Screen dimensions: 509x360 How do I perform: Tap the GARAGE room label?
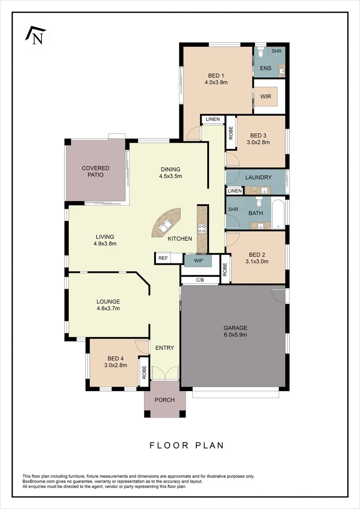[235, 328]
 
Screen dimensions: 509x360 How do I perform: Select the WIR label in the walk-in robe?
[266, 96]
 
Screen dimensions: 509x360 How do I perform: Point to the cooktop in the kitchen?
[202, 229]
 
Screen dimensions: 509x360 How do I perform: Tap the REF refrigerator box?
[163, 258]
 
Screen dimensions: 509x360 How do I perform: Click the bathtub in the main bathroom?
[278, 214]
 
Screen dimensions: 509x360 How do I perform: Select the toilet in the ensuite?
[261, 54]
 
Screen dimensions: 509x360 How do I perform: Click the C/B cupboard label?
[200, 280]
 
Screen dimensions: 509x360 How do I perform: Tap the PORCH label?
[164, 400]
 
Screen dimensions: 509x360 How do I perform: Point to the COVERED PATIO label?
[96, 172]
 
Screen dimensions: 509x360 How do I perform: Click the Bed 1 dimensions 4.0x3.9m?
[216, 82]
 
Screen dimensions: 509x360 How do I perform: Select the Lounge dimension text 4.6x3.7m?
[108, 309]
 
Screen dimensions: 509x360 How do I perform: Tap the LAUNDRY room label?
[259, 178]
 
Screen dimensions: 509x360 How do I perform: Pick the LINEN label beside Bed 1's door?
[213, 120]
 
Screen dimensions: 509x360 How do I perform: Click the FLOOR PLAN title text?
[187, 445]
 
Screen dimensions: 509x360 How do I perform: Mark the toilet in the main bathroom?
[259, 203]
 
